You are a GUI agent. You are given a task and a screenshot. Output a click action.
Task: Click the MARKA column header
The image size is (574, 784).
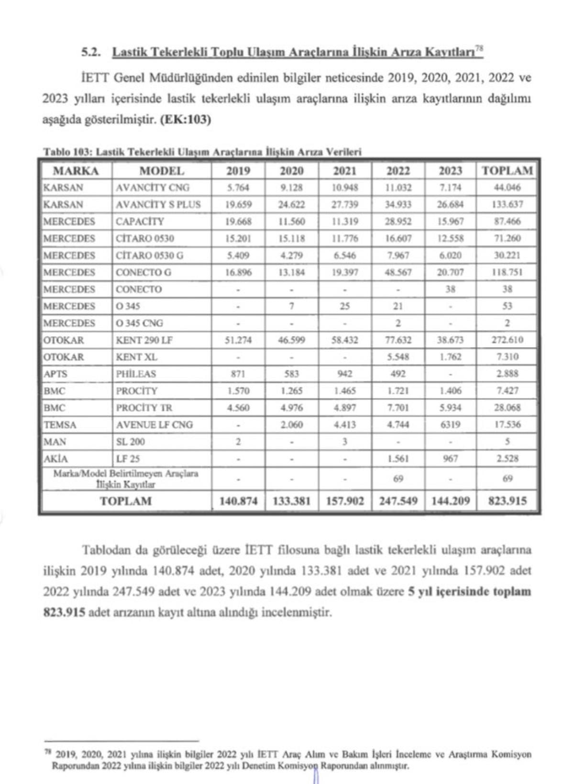76,171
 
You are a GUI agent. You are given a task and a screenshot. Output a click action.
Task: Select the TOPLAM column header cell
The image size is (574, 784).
508,171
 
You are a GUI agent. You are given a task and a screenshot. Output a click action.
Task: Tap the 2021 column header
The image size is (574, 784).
344,171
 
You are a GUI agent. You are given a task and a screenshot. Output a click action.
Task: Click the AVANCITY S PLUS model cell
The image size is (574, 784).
158,205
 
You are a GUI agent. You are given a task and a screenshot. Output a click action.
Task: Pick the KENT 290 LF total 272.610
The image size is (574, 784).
508,340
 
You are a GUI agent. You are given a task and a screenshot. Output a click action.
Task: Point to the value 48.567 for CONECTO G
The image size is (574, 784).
397,273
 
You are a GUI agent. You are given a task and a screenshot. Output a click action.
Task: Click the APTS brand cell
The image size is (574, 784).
55,374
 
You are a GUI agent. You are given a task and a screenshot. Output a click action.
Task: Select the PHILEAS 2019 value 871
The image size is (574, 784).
238,374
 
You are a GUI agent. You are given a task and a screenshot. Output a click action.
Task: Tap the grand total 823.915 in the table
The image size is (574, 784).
508,501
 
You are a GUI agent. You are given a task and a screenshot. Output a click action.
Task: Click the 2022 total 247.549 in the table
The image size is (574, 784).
397,501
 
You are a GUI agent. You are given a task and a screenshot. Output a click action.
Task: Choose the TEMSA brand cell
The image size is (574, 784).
60,425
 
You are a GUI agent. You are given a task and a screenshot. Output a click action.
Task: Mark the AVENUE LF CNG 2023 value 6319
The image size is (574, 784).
450,425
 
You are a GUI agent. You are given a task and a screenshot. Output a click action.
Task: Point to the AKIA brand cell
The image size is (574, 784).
56,459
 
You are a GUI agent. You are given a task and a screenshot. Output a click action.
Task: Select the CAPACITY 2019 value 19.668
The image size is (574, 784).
238,221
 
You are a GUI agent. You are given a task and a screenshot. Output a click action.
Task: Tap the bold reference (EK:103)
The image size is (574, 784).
186,120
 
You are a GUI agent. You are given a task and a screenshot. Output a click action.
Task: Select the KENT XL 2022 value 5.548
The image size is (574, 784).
397,357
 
